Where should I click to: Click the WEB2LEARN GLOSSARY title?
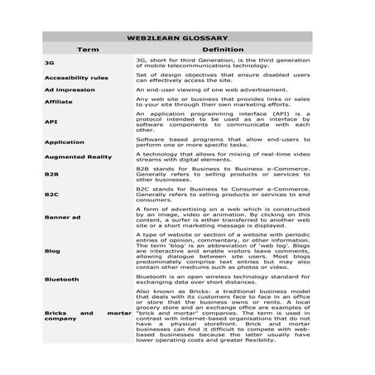click(187, 37)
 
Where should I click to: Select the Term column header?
click(88, 49)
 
